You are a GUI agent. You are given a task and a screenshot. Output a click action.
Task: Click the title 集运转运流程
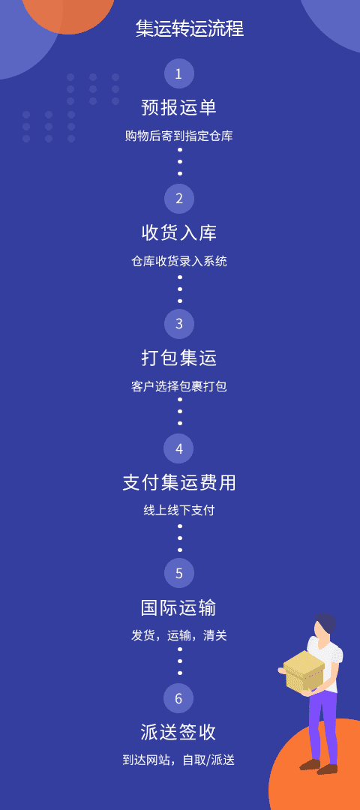(190, 28)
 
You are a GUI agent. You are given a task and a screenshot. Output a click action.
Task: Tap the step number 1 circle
(178, 73)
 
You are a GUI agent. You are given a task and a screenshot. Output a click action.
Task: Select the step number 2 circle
(178, 199)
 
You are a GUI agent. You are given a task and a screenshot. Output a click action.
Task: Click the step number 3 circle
(178, 324)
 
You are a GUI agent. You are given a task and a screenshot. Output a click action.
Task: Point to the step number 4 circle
(178, 448)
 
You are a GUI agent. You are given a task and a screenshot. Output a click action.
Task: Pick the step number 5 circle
(178, 574)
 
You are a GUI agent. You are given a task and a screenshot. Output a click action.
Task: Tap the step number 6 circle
(178, 698)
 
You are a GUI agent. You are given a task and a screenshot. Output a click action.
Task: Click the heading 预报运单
(178, 107)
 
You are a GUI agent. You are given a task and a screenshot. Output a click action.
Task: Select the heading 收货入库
(178, 232)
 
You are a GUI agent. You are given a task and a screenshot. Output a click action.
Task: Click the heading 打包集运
(178, 358)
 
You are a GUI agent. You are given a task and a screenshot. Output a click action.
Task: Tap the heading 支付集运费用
(179, 482)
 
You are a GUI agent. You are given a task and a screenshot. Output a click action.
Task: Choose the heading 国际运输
(178, 607)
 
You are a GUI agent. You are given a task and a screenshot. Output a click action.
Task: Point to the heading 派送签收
(178, 732)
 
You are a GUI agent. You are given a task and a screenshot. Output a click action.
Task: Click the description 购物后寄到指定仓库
(178, 136)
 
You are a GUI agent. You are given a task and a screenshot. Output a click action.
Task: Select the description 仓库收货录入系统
(178, 262)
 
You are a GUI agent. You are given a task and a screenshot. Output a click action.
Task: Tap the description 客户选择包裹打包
(178, 386)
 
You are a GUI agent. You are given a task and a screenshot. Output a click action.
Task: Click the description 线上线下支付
(178, 511)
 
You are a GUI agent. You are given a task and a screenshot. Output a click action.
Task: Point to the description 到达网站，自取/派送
(178, 760)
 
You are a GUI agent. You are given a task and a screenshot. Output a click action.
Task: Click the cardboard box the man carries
(304, 670)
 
